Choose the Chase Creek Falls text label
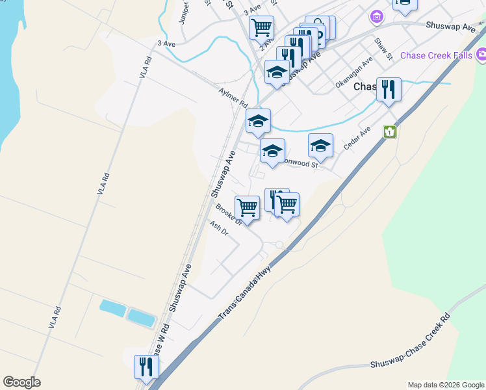pyautogui.click(x=436, y=55)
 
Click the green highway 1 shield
pyautogui.click(x=390, y=131)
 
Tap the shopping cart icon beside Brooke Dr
pyautogui.click(x=247, y=208)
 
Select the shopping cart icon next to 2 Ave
pyautogui.click(x=261, y=27)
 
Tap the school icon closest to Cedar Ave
pyautogui.click(x=320, y=146)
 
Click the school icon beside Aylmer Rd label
pyautogui.click(x=258, y=120)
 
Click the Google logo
pyautogui.click(x=21, y=382)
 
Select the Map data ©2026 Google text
pyautogui.click(x=445, y=385)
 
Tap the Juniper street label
pyautogui.click(x=184, y=12)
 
